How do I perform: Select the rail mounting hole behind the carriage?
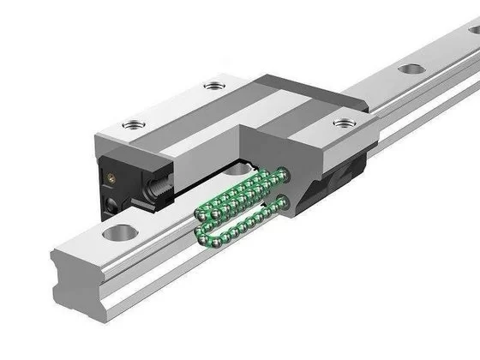point(412,69)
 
